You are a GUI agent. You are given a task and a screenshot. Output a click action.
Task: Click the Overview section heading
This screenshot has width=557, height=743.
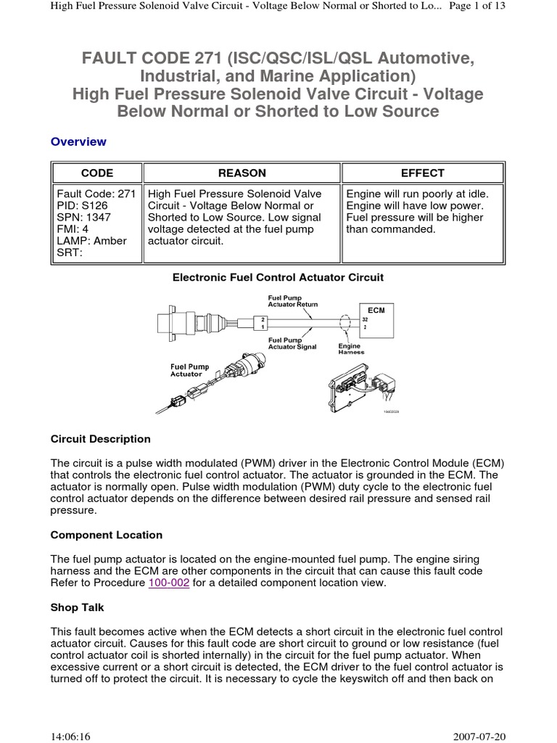78,141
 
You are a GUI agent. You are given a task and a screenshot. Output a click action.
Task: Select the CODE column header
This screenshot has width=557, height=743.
96,173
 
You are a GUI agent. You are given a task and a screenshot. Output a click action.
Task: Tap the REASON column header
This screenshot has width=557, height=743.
242,173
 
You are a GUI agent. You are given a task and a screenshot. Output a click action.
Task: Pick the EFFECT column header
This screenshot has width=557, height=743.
423,173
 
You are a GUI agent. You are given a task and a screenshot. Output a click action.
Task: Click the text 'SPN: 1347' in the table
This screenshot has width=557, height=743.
83,218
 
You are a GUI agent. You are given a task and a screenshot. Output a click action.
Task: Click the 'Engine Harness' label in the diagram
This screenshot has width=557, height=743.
352,349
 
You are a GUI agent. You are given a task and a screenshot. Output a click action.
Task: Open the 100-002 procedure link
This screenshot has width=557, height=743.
169,583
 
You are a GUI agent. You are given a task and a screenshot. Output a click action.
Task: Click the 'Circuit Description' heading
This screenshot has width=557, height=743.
101,439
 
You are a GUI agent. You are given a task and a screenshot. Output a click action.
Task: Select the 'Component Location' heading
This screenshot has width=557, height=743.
107,535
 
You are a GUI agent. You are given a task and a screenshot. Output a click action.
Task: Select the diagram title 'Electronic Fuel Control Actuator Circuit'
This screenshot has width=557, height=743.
278,277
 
